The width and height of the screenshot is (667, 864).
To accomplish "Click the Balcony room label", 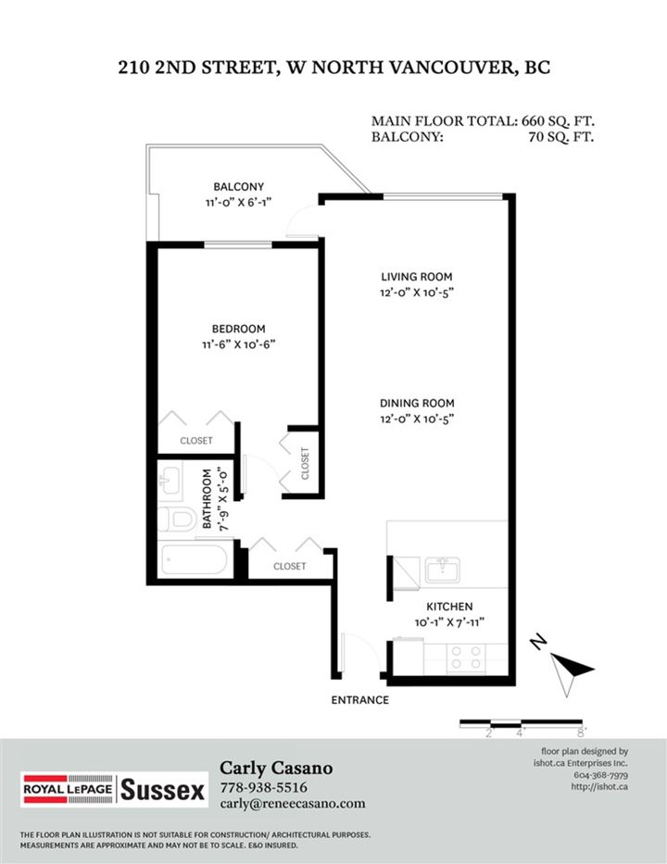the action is [x=239, y=187].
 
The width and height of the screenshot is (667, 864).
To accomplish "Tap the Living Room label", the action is [x=417, y=277].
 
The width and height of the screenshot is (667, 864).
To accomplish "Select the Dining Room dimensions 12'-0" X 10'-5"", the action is [x=417, y=419].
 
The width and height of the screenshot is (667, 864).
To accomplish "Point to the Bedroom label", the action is [x=239, y=329].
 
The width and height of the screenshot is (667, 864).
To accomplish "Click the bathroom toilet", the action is [x=178, y=520].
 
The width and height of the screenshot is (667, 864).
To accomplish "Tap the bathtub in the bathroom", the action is [x=193, y=559].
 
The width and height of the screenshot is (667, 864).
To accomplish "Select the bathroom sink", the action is [x=170, y=480].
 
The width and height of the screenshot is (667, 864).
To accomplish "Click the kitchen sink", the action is [x=443, y=570].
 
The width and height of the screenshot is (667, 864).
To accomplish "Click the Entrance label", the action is [x=360, y=700].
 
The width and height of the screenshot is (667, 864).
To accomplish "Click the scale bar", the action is [x=521, y=723].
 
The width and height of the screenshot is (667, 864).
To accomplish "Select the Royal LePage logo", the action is [x=68, y=790].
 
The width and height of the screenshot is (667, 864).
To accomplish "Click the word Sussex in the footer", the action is [x=162, y=790].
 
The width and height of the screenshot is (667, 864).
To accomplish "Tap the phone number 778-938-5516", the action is [x=263, y=787].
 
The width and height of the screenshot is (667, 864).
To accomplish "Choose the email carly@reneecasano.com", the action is [x=293, y=804].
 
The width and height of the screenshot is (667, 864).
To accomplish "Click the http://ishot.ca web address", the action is [x=599, y=786].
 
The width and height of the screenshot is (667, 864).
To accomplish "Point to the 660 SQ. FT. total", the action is [x=558, y=121].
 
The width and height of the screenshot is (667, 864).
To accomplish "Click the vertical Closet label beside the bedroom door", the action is [x=305, y=463].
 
